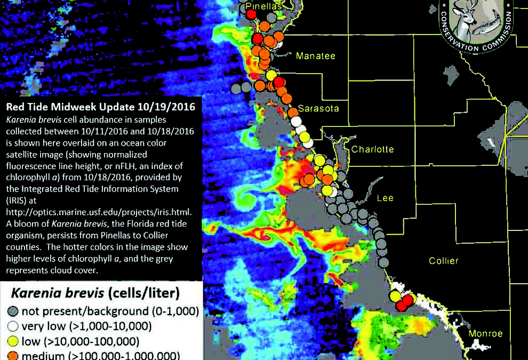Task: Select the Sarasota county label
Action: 318,109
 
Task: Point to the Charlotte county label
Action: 372,149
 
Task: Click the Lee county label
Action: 385,198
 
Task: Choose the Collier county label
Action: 444,261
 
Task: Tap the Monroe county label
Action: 485,334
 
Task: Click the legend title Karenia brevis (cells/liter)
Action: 95,293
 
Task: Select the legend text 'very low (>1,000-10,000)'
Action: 86,326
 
